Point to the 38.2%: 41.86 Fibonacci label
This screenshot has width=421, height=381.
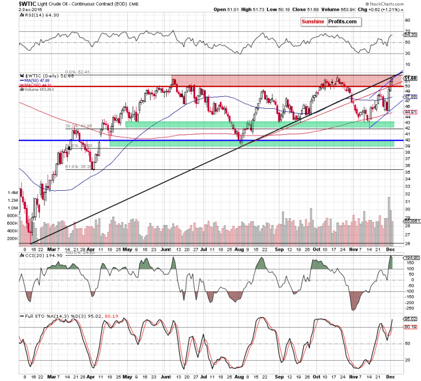[77, 126]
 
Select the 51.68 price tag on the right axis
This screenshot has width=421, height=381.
[410, 79]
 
